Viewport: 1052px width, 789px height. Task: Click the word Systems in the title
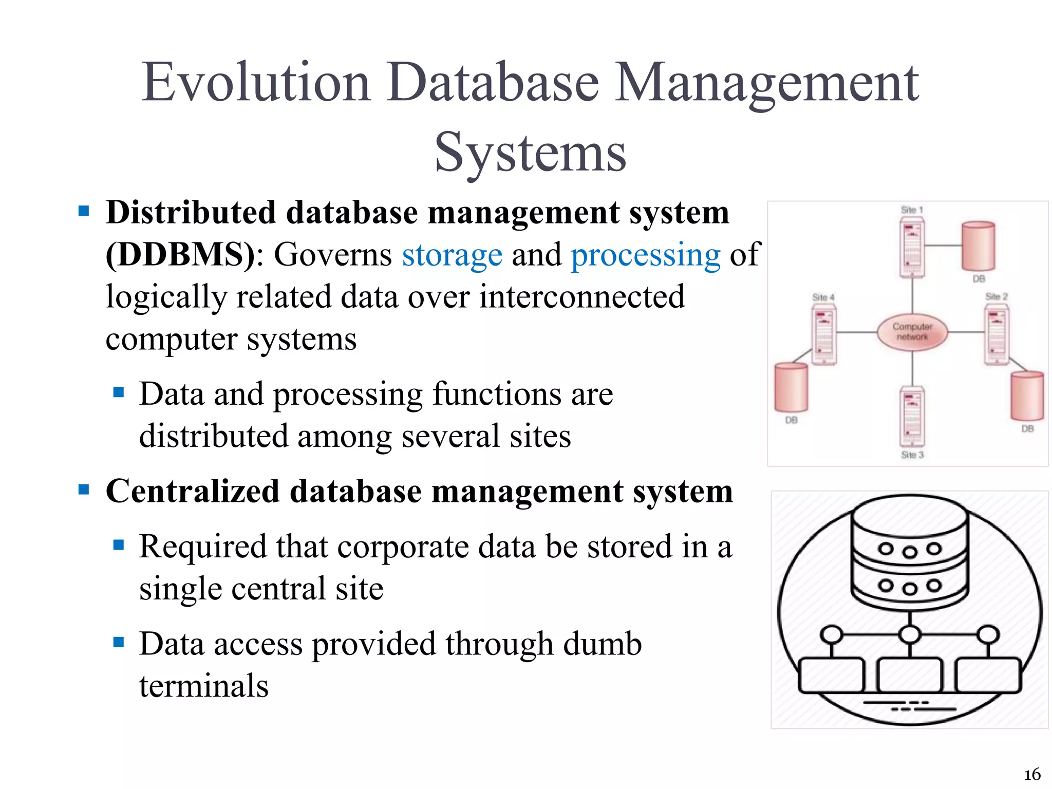coord(530,153)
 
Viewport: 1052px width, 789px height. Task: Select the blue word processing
coord(646,255)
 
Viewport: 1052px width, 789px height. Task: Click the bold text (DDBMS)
coord(180,254)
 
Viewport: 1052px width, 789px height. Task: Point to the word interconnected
coord(581,297)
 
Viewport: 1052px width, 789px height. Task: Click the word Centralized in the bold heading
coord(192,491)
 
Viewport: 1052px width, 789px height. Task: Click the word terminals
coord(204,686)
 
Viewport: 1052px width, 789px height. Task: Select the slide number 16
coord(1032,774)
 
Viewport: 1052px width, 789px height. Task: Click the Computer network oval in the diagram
coord(912,332)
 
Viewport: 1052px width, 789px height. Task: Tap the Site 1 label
coord(912,210)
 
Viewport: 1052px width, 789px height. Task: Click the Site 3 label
coord(912,455)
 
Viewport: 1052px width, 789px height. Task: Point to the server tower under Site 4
coord(824,335)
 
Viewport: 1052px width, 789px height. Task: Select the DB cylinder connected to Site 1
coord(978,247)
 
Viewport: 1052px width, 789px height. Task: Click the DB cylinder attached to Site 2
coord(1027,396)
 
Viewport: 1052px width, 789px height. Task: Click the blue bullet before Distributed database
coord(84,211)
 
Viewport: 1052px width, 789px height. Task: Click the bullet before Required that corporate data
coord(119,544)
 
